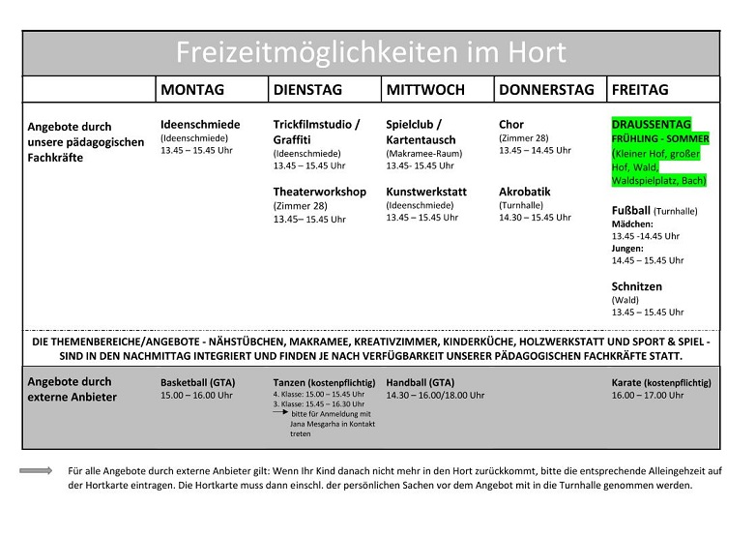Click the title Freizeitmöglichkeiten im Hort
(x=370, y=52)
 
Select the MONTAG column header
(x=192, y=90)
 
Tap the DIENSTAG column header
(x=307, y=90)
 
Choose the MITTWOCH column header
(x=425, y=90)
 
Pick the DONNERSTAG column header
(x=546, y=90)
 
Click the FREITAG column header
(x=640, y=90)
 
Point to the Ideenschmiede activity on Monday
(x=200, y=125)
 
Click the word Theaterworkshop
(x=319, y=192)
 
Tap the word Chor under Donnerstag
(x=511, y=125)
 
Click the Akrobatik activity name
(x=525, y=192)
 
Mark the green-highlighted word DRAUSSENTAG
(x=651, y=125)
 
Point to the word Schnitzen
(x=637, y=286)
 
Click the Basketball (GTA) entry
(x=197, y=382)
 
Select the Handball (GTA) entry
(x=420, y=382)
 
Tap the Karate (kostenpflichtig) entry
(x=660, y=382)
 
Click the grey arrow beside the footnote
(x=36, y=470)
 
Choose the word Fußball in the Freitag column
(x=631, y=210)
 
